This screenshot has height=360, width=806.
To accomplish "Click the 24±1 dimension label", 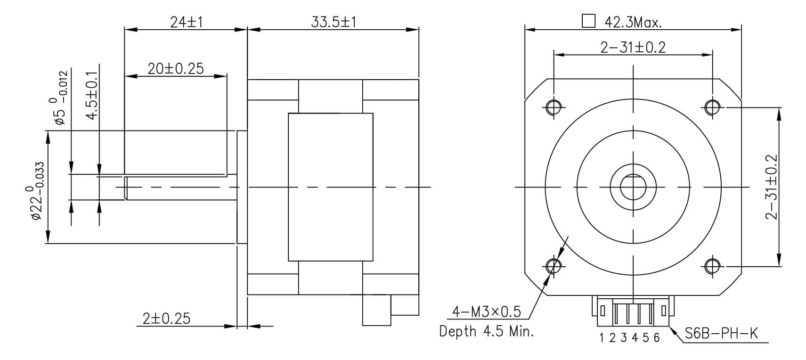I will [x=186, y=22].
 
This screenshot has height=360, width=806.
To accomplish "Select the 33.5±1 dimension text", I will [x=333, y=22].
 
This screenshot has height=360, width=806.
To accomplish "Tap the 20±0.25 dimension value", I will [x=175, y=69].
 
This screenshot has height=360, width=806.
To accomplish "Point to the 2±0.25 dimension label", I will [x=166, y=319].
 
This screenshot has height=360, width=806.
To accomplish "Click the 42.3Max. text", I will [x=633, y=22].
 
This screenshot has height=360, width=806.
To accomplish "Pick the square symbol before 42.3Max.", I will [x=588, y=21].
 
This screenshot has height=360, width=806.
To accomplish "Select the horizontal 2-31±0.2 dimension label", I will [x=633, y=47].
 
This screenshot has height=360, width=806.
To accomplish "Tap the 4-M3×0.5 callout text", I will [x=486, y=311].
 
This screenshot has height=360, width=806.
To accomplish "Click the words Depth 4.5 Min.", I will [x=487, y=331].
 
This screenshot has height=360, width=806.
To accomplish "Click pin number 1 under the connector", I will [x=602, y=338].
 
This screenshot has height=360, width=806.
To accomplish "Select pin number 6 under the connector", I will [x=657, y=338].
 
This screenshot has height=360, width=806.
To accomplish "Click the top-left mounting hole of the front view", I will [x=554, y=107].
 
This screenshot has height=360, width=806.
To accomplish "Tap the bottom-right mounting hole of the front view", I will [x=712, y=266].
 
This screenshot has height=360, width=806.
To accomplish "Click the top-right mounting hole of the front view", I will [x=712, y=107].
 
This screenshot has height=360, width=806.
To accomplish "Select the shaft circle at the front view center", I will [x=633, y=187].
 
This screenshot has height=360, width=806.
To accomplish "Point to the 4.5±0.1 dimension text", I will [x=92, y=95].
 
